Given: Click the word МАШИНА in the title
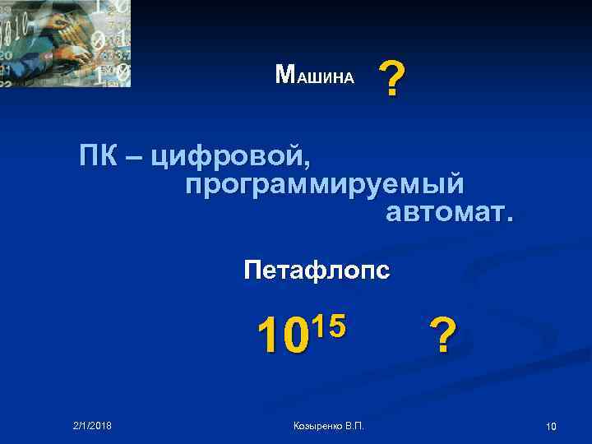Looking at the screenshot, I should click(x=315, y=76).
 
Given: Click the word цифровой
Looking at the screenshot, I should click(x=229, y=155).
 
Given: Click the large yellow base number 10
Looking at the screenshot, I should click(x=280, y=335).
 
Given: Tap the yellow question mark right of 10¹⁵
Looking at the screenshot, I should click(x=442, y=335).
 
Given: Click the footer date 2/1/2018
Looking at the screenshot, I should click(x=91, y=424).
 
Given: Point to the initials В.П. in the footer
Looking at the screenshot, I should click(x=354, y=425).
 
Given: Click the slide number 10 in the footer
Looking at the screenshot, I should click(x=551, y=425).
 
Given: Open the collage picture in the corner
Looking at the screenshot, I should click(x=65, y=44).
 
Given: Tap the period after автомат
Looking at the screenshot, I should click(x=509, y=220).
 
